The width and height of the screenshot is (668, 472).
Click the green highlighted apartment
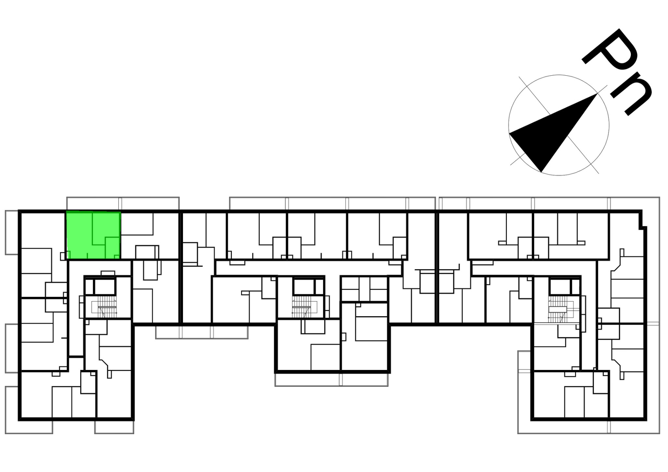[x=93, y=235]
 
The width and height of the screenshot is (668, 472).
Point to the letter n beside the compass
[x=631, y=97]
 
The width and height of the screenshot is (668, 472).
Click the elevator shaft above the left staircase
[x=105, y=287]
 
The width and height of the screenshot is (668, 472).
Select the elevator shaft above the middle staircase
[x=303, y=287]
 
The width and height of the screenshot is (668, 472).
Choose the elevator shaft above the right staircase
[x=560, y=287]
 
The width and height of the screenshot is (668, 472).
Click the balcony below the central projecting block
[x=331, y=380]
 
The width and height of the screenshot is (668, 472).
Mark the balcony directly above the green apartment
[x=94, y=203]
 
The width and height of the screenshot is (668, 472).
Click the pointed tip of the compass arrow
[x=597, y=94]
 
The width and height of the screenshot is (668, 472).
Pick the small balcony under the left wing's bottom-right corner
[x=114, y=427]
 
